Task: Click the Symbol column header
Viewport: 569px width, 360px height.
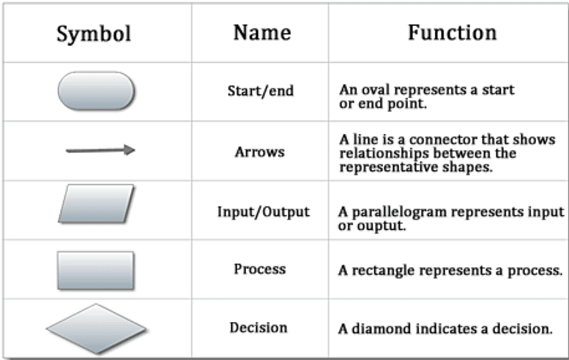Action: click(96, 34)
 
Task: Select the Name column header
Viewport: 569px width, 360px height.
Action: click(261, 32)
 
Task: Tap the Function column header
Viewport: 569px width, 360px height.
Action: click(452, 32)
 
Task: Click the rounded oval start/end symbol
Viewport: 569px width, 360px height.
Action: click(96, 91)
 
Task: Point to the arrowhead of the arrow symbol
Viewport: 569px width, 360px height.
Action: click(129, 150)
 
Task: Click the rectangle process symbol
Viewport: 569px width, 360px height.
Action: click(96, 270)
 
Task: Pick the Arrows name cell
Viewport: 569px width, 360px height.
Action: click(259, 152)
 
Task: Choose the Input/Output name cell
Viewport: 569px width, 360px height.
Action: click(263, 211)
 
